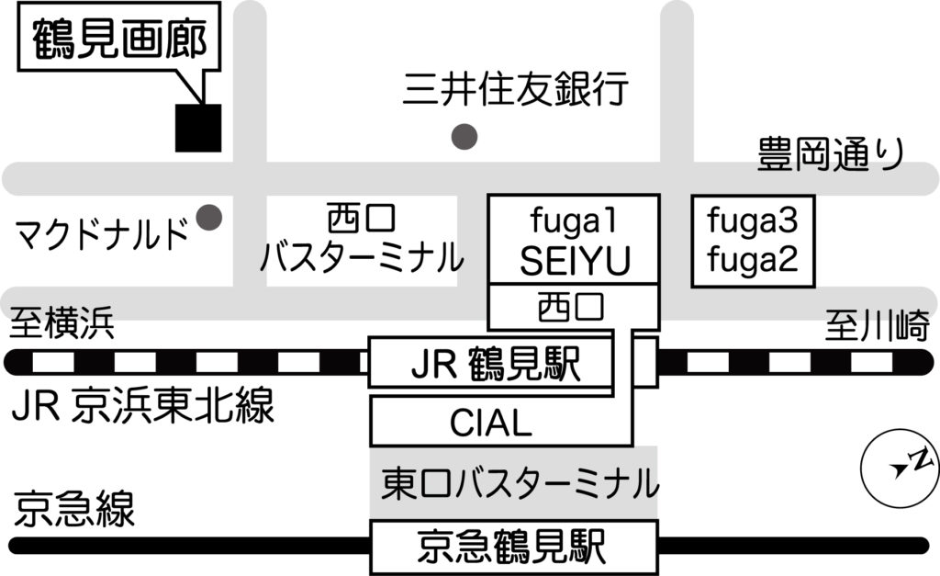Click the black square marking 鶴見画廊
click(198, 128)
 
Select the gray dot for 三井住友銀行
click(466, 137)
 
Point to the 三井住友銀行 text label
click(516, 90)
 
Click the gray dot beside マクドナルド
click(211, 218)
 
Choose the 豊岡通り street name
click(831, 152)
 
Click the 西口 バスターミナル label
click(361, 241)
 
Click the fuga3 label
click(753, 221)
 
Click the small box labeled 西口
click(572, 306)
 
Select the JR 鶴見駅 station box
click(491, 364)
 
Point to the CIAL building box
click(491, 423)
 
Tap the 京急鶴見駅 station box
click(513, 548)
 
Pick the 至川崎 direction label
click(877, 326)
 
